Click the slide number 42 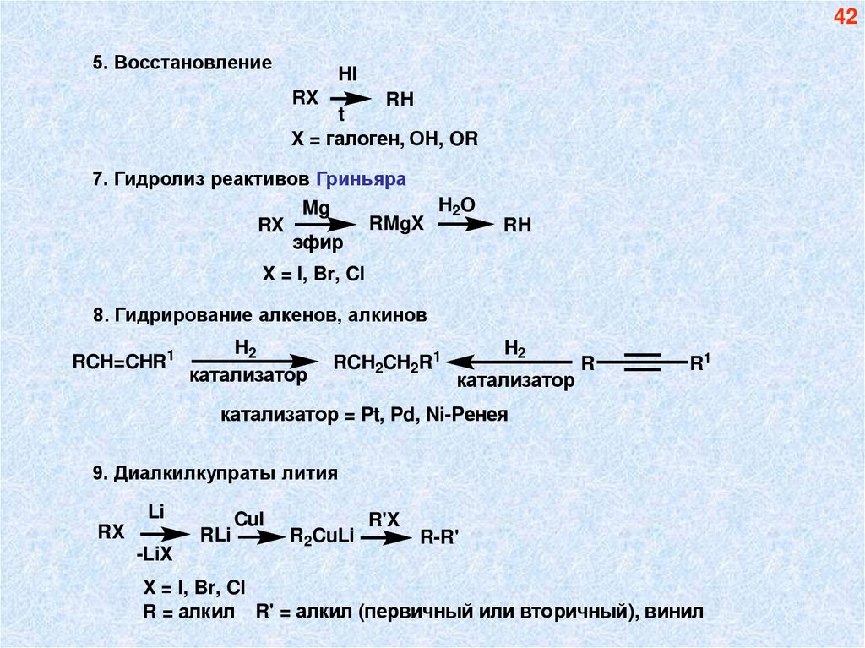coord(846,17)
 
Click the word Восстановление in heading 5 coord(193,63)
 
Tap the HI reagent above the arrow coord(348,74)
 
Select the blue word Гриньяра coord(362,179)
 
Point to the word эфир coord(318,244)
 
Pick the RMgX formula coord(395,225)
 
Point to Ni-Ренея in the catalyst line coord(469,416)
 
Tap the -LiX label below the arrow coord(153,553)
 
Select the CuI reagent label coord(250,517)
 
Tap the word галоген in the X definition coord(361,139)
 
